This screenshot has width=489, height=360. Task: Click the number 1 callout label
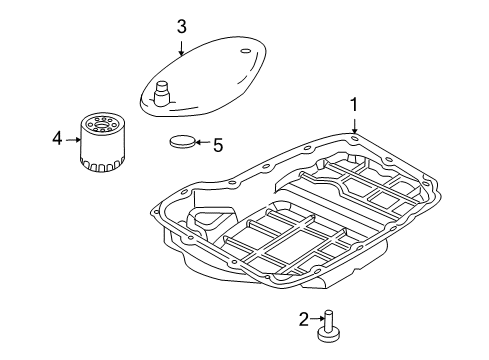pyautogui.click(x=353, y=103)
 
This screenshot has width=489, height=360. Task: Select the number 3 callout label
pyautogui.click(x=181, y=27)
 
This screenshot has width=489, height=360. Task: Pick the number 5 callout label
pyautogui.click(x=217, y=144)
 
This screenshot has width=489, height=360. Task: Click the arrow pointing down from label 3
pyautogui.click(x=181, y=46)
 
